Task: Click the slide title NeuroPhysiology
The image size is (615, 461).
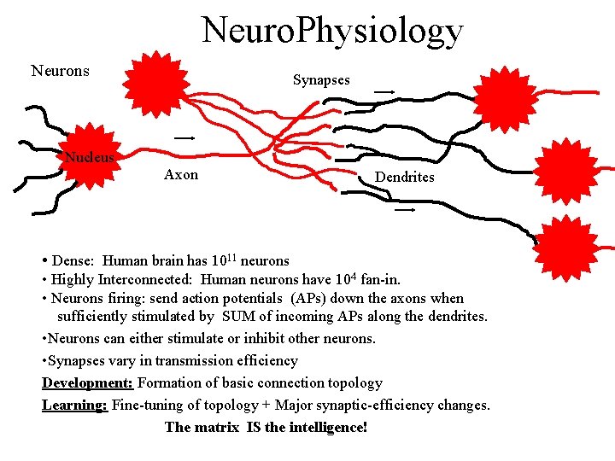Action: point(332,30)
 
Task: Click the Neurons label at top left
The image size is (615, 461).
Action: point(60,71)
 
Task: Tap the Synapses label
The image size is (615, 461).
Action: point(321,79)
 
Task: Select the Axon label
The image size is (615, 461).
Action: point(181,175)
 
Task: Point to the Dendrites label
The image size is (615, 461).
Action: point(405,177)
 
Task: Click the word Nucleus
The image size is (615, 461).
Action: point(90,157)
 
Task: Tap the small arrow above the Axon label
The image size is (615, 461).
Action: point(184,137)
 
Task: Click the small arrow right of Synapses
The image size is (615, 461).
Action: point(384,90)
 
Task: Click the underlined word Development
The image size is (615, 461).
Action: point(87,382)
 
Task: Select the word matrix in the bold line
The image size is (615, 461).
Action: point(216,426)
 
